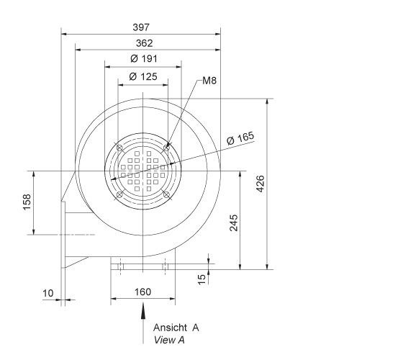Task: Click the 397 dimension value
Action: (x=141, y=27)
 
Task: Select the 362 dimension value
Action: (x=144, y=43)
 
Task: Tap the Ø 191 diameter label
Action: (x=144, y=58)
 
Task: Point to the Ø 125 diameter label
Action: (x=143, y=76)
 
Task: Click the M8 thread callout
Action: (x=209, y=81)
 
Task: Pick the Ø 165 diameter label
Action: (x=240, y=138)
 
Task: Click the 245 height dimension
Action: (x=233, y=222)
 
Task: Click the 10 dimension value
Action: (x=47, y=293)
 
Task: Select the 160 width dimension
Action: (x=143, y=293)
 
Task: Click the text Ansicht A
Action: (x=176, y=327)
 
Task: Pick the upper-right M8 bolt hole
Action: (x=167, y=148)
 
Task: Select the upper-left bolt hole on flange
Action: (x=119, y=148)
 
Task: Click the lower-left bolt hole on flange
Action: (x=119, y=194)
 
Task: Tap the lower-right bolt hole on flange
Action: (x=167, y=194)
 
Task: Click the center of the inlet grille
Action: (x=143, y=171)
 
